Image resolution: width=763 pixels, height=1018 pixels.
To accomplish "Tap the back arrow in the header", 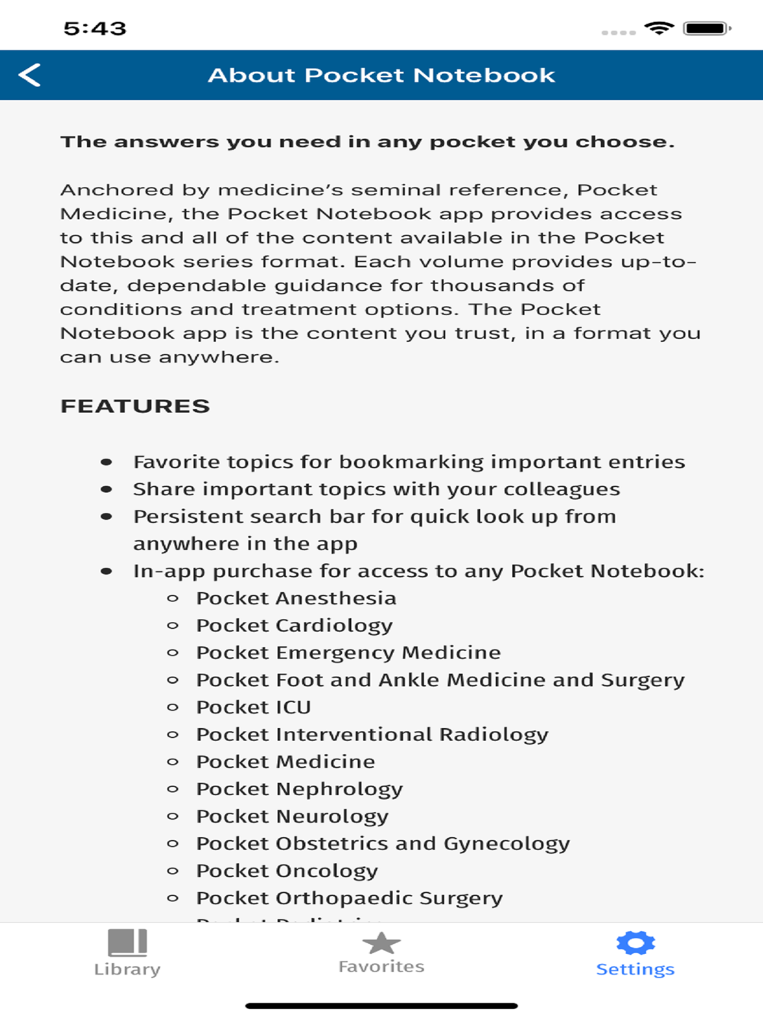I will (30, 75).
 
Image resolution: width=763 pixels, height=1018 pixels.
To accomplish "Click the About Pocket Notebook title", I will (381, 75).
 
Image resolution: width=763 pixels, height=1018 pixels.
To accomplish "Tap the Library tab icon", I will (127, 943).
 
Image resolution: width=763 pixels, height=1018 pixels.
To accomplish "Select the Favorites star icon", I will (381, 943).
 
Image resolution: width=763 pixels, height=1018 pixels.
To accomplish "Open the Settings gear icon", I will (636, 943).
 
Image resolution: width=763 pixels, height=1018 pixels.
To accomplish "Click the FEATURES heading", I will (135, 406).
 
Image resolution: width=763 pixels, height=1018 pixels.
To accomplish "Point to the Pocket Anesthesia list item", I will (296, 598).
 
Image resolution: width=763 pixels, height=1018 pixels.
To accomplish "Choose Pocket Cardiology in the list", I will (295, 626).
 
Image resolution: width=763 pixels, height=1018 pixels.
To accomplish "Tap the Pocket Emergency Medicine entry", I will (349, 653).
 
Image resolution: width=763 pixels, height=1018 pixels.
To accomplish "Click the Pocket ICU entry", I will (253, 707).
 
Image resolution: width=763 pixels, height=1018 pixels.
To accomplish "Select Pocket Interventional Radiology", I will (372, 735).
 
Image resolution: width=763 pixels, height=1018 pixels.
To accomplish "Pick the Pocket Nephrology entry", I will (299, 789).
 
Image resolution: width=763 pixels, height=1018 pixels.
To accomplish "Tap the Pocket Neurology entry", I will (292, 817).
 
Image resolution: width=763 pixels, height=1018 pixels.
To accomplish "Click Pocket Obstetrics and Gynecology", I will (383, 844).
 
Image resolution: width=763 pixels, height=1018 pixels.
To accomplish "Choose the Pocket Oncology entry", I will (287, 871).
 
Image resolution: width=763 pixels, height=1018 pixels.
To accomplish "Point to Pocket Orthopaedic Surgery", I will (349, 898).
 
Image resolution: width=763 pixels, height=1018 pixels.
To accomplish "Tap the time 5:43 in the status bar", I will (95, 29).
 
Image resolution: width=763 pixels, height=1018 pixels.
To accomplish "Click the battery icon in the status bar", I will (707, 29).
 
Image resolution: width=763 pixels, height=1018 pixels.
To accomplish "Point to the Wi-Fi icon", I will (658, 28).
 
